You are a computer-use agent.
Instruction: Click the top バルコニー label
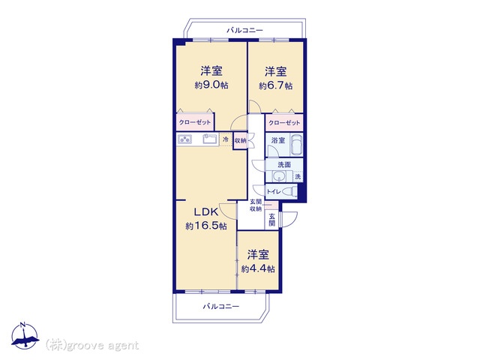244,30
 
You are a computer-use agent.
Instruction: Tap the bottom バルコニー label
221,306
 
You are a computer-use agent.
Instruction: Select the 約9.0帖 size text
211,85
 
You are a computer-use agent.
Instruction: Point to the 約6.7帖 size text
275,85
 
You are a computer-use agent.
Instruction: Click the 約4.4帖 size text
258,268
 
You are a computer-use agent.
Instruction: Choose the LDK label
206,211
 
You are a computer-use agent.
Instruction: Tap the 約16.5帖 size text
206,226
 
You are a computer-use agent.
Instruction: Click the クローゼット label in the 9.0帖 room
195,122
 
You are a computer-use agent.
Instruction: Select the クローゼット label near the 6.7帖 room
284,123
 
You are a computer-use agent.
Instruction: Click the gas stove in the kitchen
184,139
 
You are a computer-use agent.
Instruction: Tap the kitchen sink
210,139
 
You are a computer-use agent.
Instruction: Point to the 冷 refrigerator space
226,139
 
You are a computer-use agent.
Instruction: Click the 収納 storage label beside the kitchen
240,141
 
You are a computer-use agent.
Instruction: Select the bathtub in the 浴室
296,144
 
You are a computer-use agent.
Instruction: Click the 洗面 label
284,164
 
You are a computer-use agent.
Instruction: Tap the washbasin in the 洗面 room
279,176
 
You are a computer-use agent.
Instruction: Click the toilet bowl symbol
290,191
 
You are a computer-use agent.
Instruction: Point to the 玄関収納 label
256,205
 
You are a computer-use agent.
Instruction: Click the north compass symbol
25,336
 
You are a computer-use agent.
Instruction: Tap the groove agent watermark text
92,345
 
